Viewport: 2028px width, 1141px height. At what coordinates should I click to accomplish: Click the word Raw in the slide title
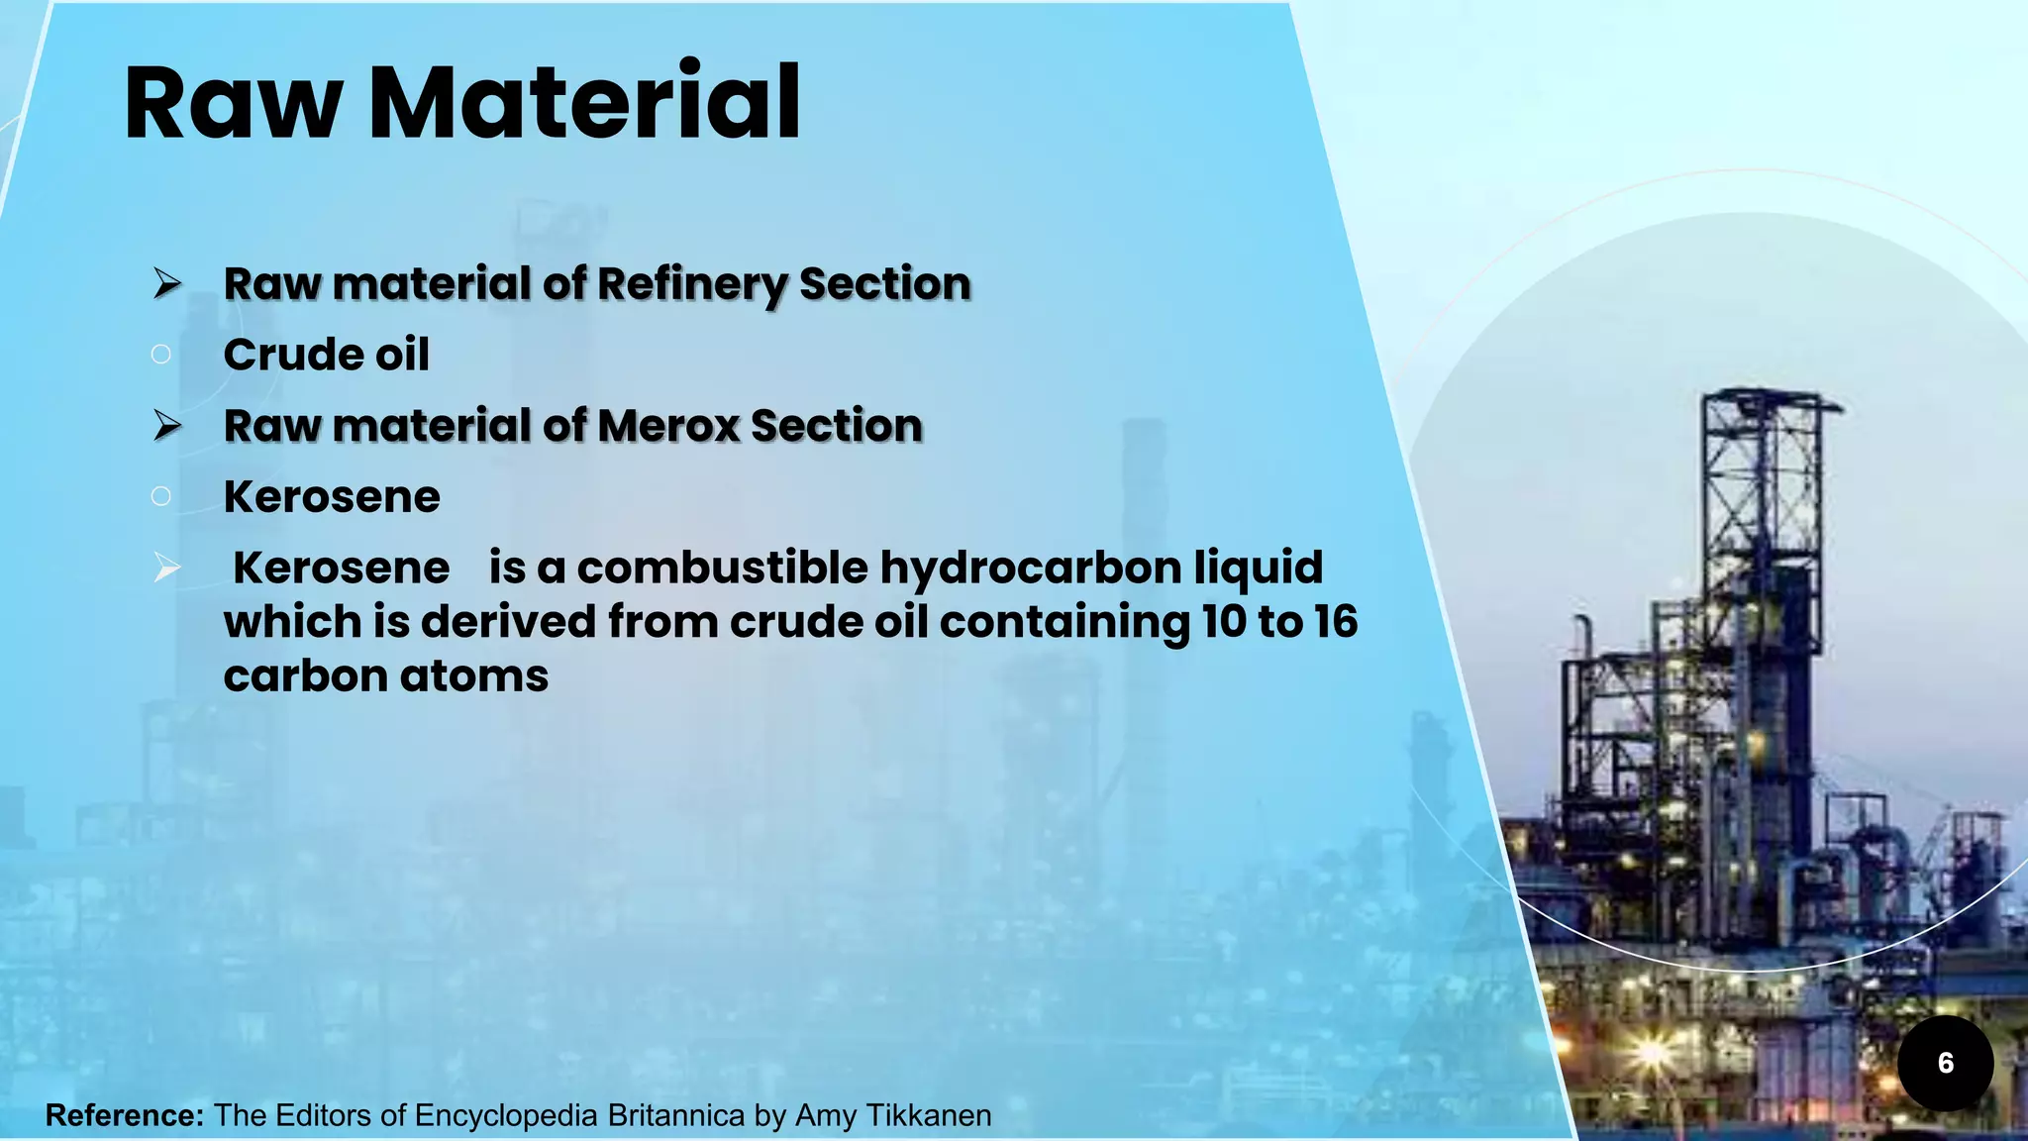(x=234, y=103)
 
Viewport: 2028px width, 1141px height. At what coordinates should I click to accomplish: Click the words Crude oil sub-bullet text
(x=326, y=355)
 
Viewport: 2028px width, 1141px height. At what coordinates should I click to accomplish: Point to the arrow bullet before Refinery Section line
(x=167, y=284)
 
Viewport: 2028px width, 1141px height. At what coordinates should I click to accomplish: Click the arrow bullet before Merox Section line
(x=167, y=426)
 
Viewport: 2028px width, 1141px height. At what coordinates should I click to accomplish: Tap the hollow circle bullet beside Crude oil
(x=161, y=355)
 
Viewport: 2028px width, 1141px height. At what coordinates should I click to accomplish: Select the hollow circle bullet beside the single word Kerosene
(x=161, y=496)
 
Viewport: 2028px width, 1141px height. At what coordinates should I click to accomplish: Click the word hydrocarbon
(x=1030, y=568)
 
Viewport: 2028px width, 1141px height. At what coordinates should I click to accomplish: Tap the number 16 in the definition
(x=1336, y=622)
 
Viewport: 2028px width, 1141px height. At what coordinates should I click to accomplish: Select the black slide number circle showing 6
(x=1945, y=1063)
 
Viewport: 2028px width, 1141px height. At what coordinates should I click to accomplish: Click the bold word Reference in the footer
(x=125, y=1115)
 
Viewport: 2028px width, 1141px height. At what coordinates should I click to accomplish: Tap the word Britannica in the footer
(x=675, y=1115)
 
